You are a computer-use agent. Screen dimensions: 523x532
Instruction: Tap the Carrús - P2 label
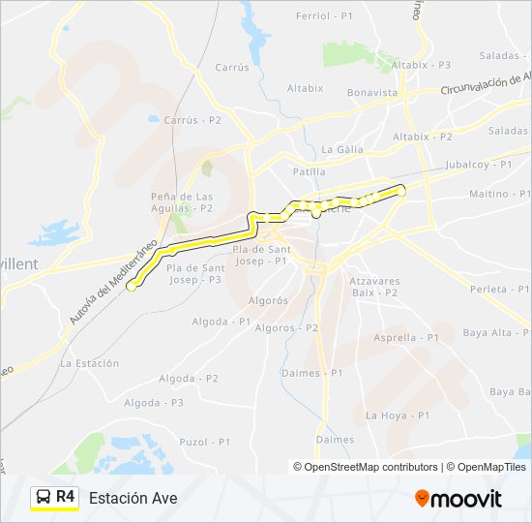tap(192, 120)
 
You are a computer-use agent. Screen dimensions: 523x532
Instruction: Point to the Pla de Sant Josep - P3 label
tap(194, 273)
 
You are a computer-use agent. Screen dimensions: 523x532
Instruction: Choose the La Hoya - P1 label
tap(397, 415)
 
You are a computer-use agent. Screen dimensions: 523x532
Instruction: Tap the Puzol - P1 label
tap(206, 442)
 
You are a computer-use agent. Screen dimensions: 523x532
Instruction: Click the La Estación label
tap(89, 363)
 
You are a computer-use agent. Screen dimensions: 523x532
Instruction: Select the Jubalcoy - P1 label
tap(479, 165)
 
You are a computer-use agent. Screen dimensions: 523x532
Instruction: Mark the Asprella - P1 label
tap(406, 337)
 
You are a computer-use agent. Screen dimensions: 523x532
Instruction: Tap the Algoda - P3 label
tap(153, 402)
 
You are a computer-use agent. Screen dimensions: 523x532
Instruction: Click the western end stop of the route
tap(131, 286)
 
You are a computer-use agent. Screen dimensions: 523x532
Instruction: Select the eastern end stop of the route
tap(401, 192)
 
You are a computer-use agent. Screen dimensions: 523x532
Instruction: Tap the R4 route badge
tap(54, 497)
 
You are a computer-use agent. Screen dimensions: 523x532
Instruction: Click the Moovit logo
tap(458, 499)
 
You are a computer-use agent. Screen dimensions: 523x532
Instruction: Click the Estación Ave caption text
tap(133, 499)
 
